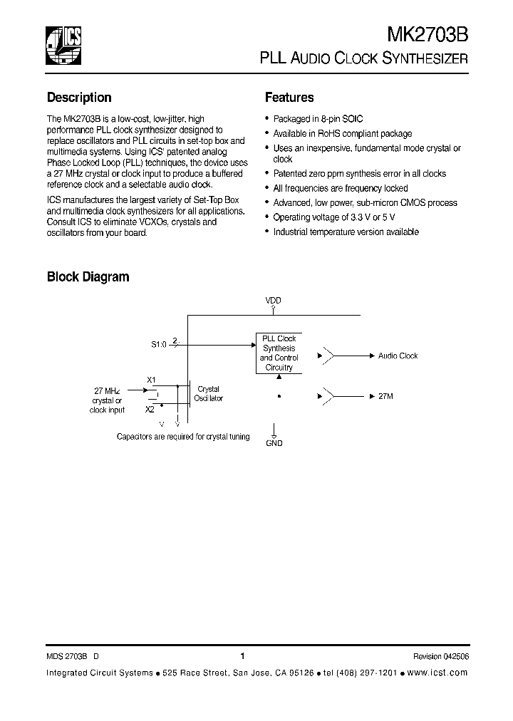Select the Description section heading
79,98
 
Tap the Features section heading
289,98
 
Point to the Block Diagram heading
88,276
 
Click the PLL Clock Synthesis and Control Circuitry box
279,353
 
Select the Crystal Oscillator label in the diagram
209,394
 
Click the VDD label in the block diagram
274,301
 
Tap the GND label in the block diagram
274,443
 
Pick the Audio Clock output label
398,356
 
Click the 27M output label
387,395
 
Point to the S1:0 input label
158,344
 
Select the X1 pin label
151,380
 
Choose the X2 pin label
150,410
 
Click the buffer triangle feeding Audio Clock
328,355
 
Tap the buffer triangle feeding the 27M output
328,395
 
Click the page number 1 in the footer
242,656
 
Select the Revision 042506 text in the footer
440,656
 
